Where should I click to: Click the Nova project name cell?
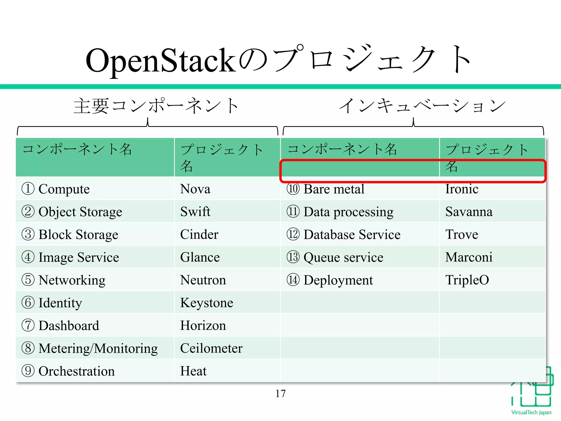click(x=195, y=189)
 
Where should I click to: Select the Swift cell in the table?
click(x=195, y=212)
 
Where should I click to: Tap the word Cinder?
click(x=199, y=234)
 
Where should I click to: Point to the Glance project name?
click(x=200, y=257)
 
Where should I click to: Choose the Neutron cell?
click(x=203, y=280)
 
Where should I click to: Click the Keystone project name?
click(x=207, y=303)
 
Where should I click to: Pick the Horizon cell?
click(x=203, y=325)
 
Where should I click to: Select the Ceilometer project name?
click(x=211, y=348)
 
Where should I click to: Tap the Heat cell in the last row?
click(x=193, y=371)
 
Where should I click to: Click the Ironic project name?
click(x=462, y=189)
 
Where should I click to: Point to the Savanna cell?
click(x=469, y=212)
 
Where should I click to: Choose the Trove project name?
click(x=462, y=234)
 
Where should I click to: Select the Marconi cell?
click(x=469, y=257)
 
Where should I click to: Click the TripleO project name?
click(x=467, y=280)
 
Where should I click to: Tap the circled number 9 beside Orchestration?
click(x=28, y=371)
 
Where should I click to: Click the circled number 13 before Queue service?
click(x=293, y=257)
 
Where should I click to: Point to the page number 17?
click(x=280, y=394)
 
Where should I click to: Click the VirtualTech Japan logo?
click(x=531, y=392)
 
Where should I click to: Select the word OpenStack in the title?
click(x=161, y=60)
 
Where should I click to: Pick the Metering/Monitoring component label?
click(x=98, y=348)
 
